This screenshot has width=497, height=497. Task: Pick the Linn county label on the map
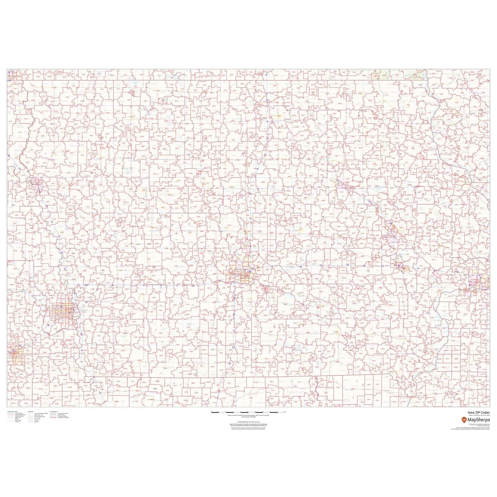point(399,225)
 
